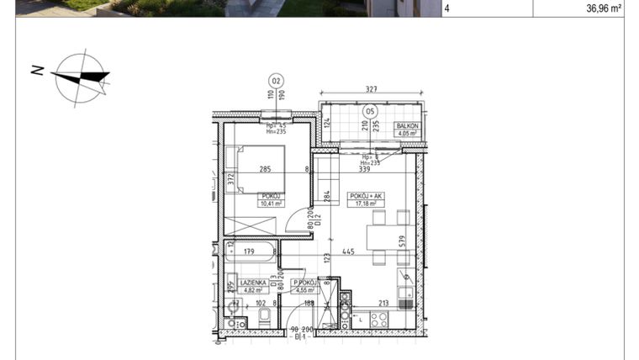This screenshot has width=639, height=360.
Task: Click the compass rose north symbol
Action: [81, 77]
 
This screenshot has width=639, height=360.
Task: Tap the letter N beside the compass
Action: [37, 71]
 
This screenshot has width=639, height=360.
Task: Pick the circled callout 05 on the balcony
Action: [369, 110]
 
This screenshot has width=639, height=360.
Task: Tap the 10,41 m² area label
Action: [272, 203]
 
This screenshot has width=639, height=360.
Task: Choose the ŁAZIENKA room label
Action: [252, 283]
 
